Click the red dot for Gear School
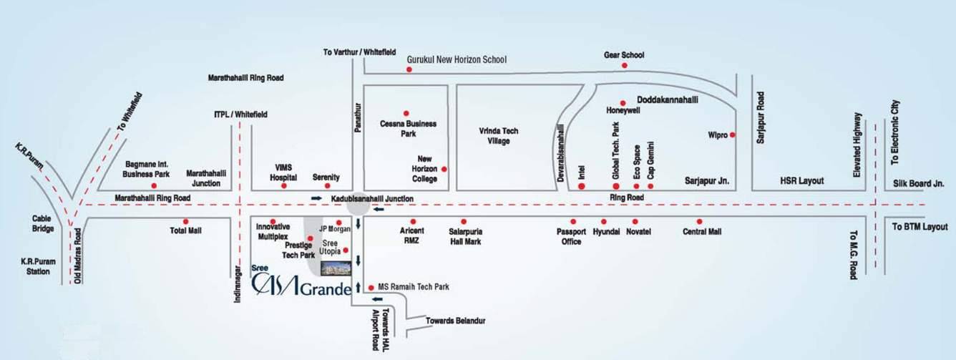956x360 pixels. pyautogui.click(x=624, y=66)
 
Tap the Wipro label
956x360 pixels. pyautogui.click(x=717, y=135)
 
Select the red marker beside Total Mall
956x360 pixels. pyautogui.click(x=185, y=221)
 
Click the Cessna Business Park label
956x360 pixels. pyautogui.click(x=408, y=128)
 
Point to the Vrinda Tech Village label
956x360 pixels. pyautogui.click(x=499, y=136)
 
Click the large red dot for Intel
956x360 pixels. pyautogui.click(x=581, y=187)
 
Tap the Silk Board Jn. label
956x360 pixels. pyautogui.click(x=919, y=183)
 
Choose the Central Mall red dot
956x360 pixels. pyautogui.click(x=699, y=221)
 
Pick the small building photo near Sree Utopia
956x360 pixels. pyautogui.click(x=336, y=268)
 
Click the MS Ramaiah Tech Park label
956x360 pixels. pyautogui.click(x=413, y=287)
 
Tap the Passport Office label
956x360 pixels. pyautogui.click(x=572, y=236)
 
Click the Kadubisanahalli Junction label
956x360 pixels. pyautogui.click(x=372, y=198)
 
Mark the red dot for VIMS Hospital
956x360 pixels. pyautogui.click(x=283, y=186)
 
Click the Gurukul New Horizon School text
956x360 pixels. pyautogui.click(x=457, y=60)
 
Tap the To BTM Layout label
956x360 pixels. pyautogui.click(x=919, y=226)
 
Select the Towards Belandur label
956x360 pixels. pyautogui.click(x=455, y=321)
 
